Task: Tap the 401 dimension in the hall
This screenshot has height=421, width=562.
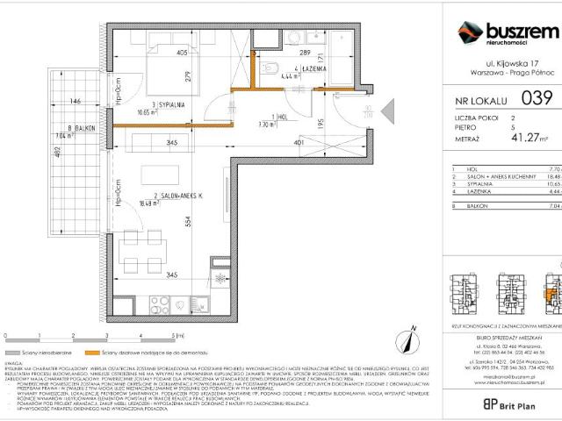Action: [299, 142]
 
